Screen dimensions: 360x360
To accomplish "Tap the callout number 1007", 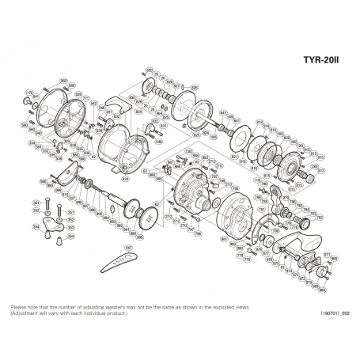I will [128, 247].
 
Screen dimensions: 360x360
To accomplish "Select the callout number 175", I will [28, 93].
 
